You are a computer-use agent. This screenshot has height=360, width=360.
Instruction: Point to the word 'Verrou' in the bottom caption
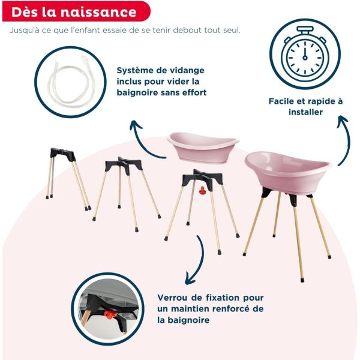click(x=173, y=298)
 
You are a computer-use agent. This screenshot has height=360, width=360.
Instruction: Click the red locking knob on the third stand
click(x=203, y=191)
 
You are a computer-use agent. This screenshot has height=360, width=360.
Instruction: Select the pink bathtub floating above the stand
click(x=203, y=146)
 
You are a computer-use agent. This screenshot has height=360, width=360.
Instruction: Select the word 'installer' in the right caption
click(x=305, y=112)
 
